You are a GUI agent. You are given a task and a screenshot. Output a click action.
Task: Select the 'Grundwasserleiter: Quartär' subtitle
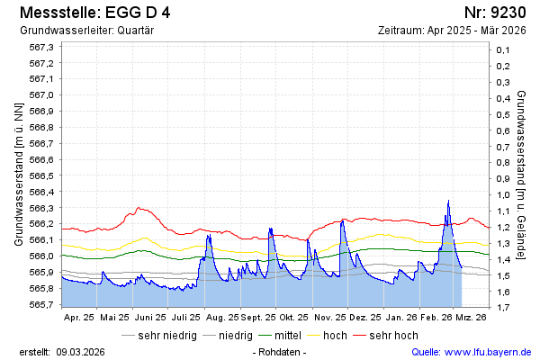pos(86,31)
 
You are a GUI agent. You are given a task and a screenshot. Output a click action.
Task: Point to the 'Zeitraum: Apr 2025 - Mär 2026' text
pos(452,31)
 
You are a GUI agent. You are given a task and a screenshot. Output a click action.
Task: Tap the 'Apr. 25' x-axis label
pos(79,318)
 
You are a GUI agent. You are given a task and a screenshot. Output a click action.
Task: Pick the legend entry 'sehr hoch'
pos(393,336)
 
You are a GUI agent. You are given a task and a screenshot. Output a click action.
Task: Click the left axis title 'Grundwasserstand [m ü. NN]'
pos(19,175)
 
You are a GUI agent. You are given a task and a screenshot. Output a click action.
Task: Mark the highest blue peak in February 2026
pos(448,201)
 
